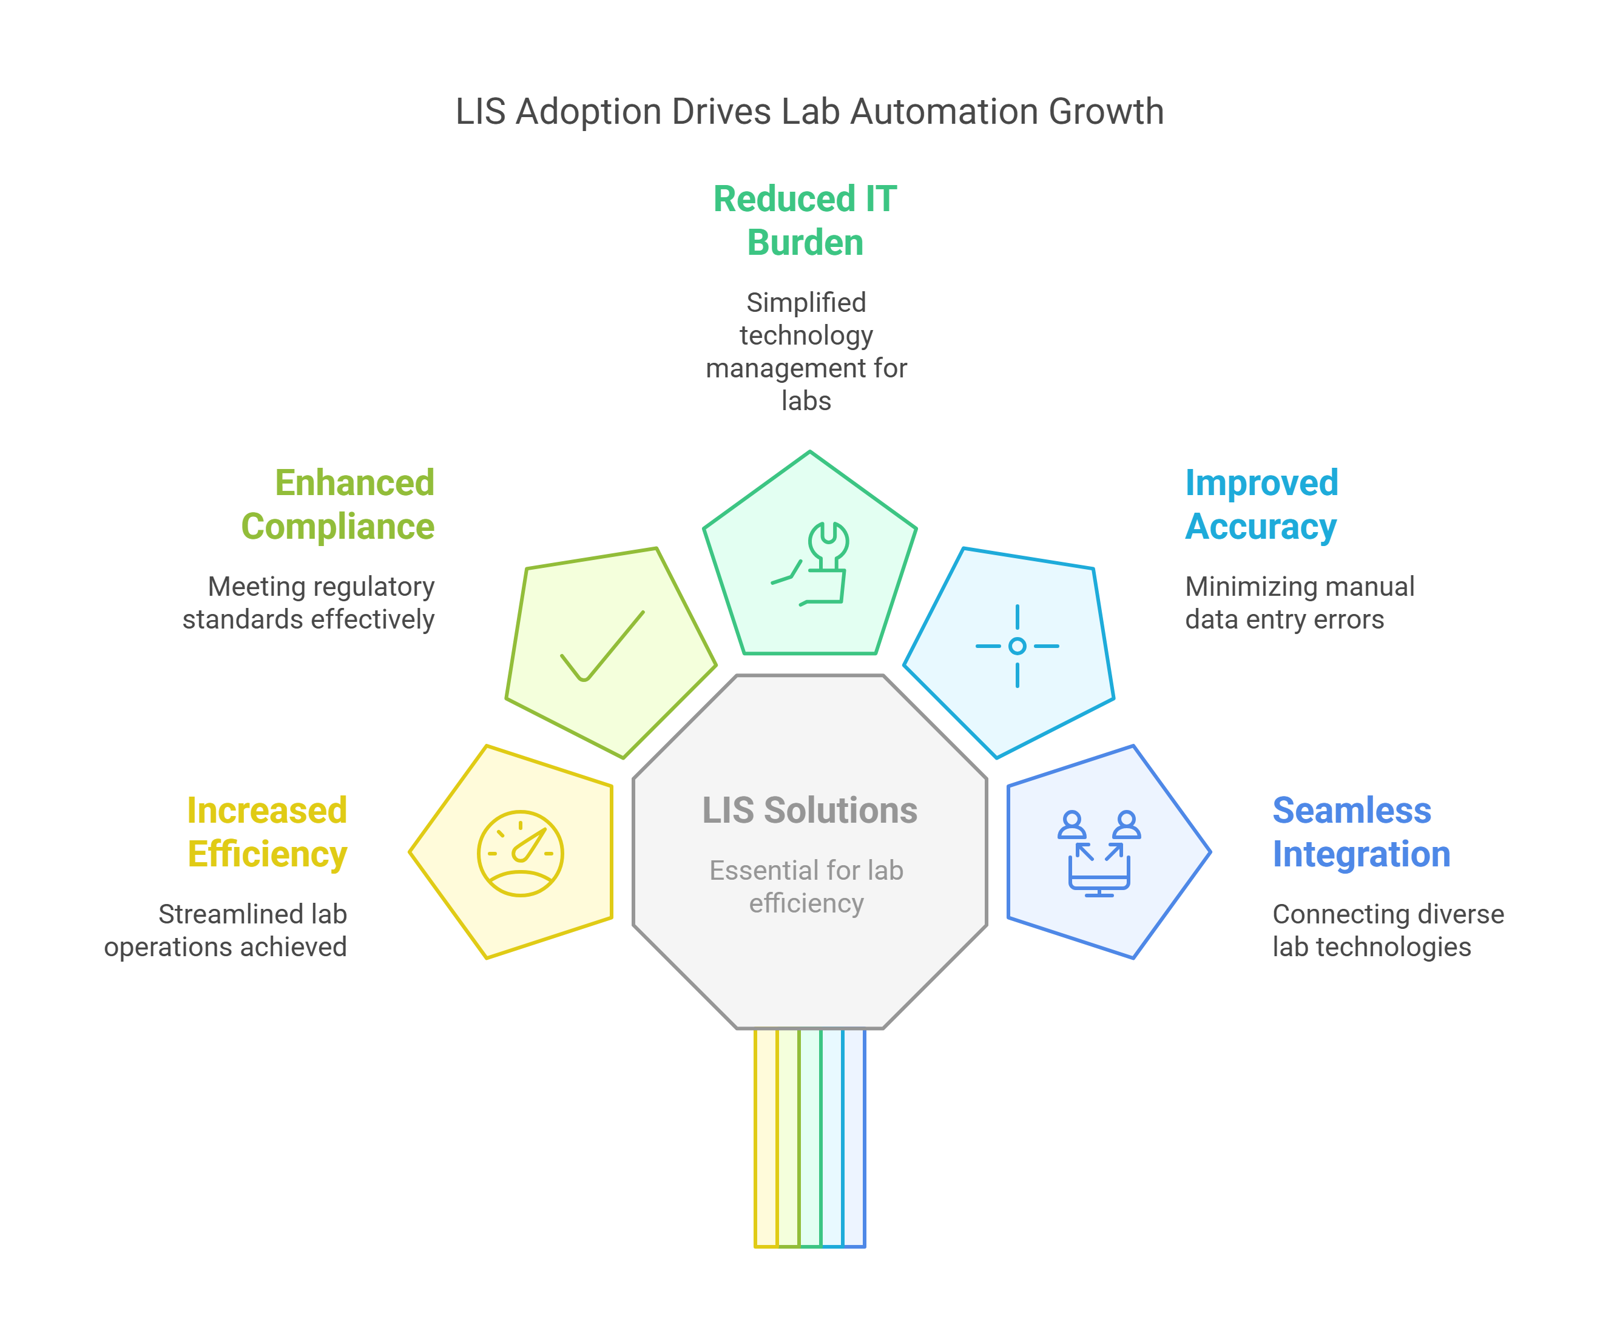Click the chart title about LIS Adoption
(x=809, y=112)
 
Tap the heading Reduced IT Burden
(x=805, y=221)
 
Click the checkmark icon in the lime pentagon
(x=602, y=646)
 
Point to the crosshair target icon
(x=1017, y=646)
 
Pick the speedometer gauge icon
(x=520, y=852)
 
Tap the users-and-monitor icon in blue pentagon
(x=1098, y=852)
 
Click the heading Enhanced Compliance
(x=339, y=505)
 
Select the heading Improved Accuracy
(x=1261, y=505)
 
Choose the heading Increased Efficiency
(x=267, y=832)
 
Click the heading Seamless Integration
(x=1361, y=832)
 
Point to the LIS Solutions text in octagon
(x=809, y=811)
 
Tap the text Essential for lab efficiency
(x=806, y=886)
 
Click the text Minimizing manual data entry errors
(x=1299, y=602)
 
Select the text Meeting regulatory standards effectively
(x=309, y=602)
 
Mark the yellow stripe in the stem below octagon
(x=766, y=1139)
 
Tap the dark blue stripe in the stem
(x=854, y=1139)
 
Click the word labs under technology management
(x=806, y=401)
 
